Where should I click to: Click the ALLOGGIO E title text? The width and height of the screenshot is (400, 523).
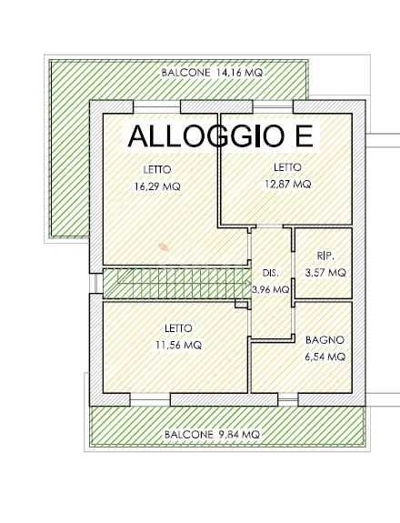221,136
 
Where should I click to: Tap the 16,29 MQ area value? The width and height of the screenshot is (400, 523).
157,186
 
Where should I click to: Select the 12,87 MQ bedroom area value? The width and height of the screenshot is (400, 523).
287,184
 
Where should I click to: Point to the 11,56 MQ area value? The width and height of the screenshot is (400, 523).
179,345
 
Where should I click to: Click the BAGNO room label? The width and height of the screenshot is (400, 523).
325,340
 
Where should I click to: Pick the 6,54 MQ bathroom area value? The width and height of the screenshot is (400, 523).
325,357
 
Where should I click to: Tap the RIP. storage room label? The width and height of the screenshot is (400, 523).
325,256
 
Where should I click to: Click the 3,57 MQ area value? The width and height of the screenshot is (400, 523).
325,273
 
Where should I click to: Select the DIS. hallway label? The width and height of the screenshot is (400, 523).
270,273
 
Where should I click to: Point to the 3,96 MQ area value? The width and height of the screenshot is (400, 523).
271,289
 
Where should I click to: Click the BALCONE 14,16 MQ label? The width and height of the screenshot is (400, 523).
212,73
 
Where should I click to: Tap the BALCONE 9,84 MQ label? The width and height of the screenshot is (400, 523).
212,434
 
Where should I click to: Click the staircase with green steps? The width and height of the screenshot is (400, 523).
176,284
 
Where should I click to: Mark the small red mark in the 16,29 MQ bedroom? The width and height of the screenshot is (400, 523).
164,246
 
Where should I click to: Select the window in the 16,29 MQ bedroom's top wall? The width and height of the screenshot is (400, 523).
156,106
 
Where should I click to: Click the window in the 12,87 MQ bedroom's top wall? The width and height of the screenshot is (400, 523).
273,106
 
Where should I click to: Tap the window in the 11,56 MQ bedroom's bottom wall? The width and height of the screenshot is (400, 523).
150,399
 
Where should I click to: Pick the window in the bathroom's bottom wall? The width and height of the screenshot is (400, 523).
287,399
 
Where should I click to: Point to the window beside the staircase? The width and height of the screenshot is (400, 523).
95,284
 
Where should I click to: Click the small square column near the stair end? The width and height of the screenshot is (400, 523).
240,304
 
